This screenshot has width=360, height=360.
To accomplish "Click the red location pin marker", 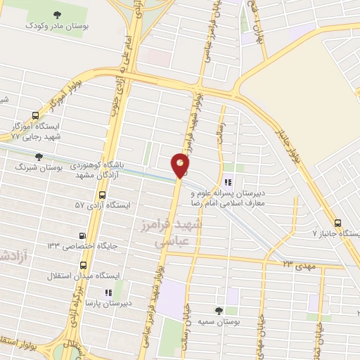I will click(x=180, y=165).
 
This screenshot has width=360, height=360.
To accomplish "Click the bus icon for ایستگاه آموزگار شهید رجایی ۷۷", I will click(x=35, y=115).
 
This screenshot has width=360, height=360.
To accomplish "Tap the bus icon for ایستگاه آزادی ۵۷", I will click(x=102, y=195).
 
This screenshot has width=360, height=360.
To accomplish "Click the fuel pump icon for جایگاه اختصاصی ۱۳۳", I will click(x=84, y=236).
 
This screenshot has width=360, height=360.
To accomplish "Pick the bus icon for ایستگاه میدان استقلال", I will click(x=84, y=266).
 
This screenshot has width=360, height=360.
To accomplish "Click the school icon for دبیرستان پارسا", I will click(x=107, y=292).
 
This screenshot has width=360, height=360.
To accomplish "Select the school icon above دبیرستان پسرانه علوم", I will click(x=228, y=168).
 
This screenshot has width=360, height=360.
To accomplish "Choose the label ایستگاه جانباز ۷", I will click(x=335, y=233).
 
